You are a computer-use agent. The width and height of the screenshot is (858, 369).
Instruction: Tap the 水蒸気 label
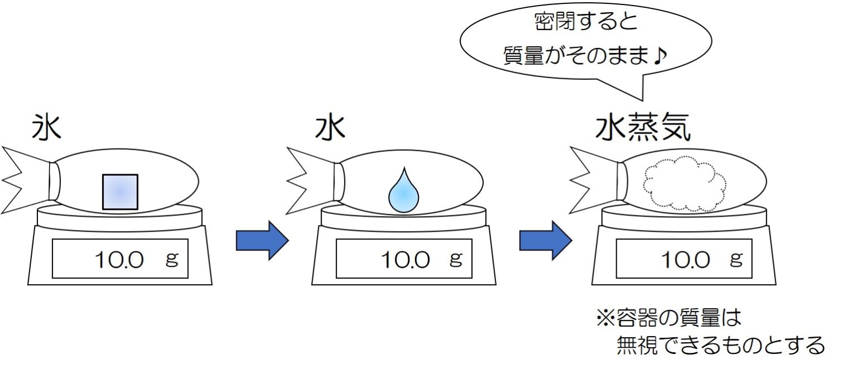pos(643,129)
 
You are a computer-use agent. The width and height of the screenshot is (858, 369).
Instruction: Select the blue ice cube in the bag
pos(120,191)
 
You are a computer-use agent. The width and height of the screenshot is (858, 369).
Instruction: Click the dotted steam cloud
pos(685,184)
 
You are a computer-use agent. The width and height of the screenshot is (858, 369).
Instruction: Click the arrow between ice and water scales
pos(261,241)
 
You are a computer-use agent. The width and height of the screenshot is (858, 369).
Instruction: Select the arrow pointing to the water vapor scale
pos(545,241)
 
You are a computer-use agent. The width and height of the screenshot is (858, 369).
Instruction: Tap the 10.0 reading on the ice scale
pos(118,260)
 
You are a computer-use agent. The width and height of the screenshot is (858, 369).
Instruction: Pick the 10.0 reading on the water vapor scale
pos(685,260)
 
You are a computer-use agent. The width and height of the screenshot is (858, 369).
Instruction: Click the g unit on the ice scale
pos(171,258)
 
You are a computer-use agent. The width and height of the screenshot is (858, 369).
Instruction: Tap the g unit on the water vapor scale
pos(736,258)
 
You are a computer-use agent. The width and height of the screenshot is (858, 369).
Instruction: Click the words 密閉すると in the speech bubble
pos(586,23)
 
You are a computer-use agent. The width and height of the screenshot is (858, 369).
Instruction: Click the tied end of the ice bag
pos(25,180)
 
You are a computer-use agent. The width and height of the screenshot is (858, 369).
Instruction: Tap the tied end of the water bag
pos(310,180)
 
